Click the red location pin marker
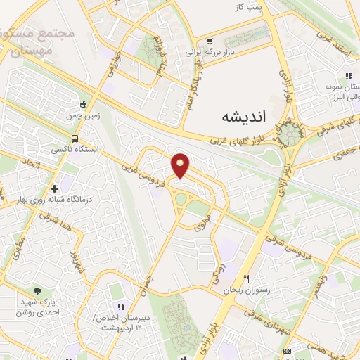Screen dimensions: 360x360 point(181,165)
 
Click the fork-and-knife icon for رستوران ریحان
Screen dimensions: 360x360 point(246,279)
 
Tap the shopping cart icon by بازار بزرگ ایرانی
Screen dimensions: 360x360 point(210,41)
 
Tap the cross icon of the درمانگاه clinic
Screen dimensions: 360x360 point(55,188)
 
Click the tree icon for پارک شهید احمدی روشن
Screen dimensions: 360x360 point(37,291)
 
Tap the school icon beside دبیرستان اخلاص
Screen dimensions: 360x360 point(120,307)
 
